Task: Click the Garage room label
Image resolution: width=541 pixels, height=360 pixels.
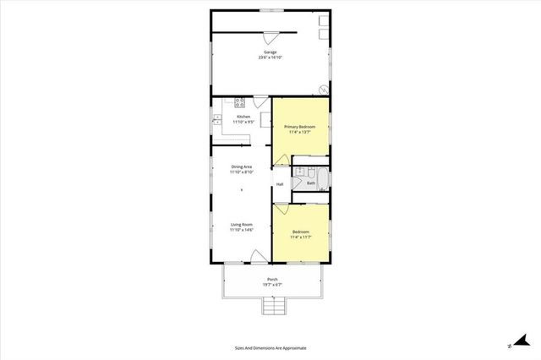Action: tap(270, 52)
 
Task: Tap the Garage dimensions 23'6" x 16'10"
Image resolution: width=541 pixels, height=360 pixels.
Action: tap(270, 57)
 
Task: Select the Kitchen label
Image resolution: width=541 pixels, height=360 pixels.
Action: tap(243, 117)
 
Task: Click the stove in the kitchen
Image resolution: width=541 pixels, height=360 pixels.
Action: tap(239, 103)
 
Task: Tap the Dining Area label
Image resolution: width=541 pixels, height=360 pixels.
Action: tap(242, 166)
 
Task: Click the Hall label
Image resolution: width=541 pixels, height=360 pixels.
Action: tap(280, 184)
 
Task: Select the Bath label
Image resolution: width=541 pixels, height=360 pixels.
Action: tap(311, 183)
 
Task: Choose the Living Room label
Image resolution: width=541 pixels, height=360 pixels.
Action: tap(242, 224)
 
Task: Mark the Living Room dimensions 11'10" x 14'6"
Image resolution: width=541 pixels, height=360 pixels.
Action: tap(242, 229)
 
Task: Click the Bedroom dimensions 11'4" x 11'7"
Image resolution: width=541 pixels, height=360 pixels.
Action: tap(300, 237)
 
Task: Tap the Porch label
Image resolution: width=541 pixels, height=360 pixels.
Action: tap(272, 279)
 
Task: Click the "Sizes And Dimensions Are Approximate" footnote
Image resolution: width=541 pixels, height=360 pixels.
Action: tap(270, 347)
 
